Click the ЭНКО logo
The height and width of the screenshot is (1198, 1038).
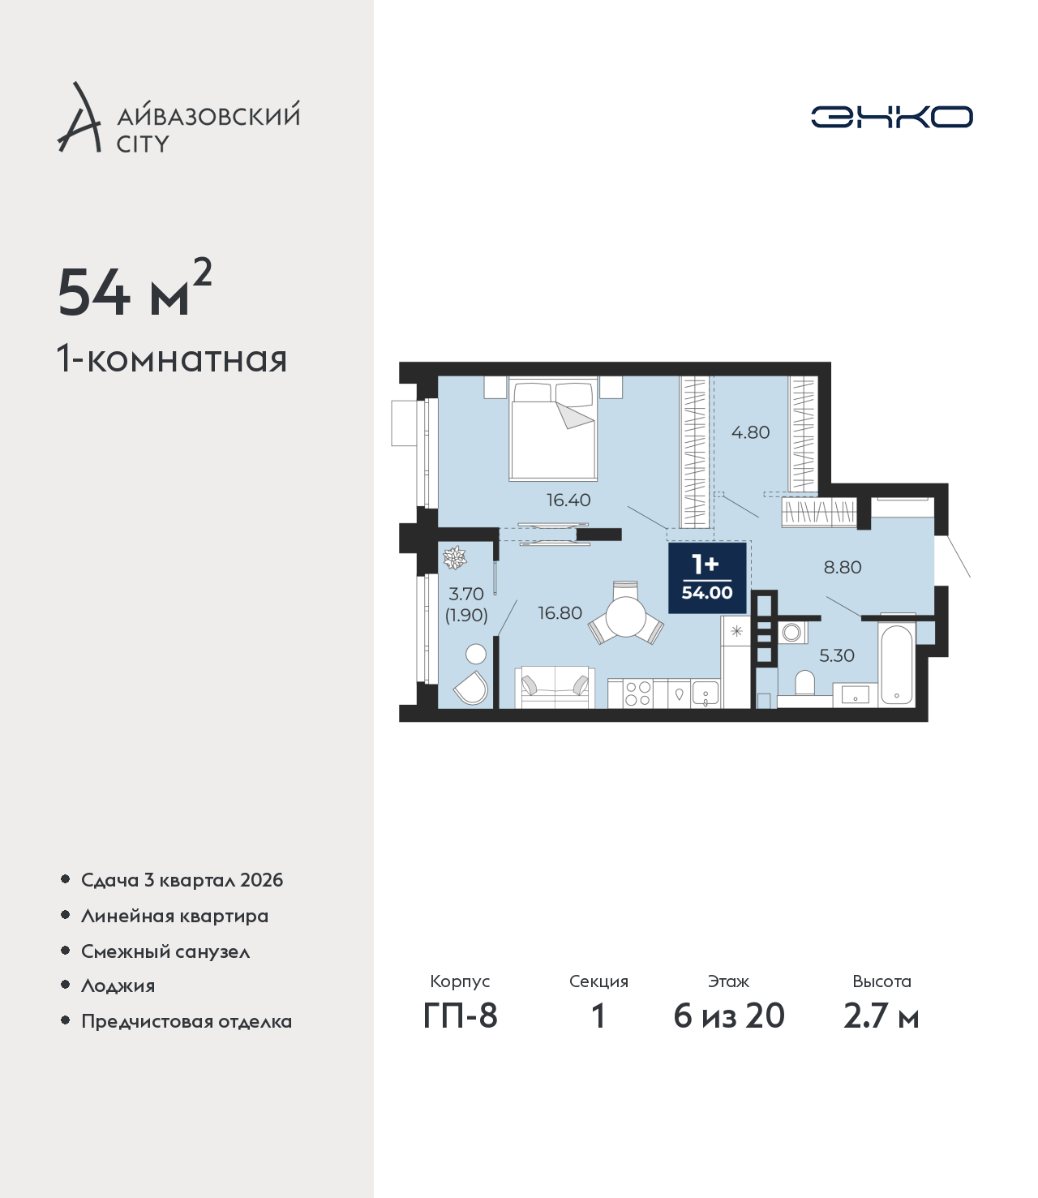tap(891, 117)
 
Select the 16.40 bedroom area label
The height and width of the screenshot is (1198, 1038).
tap(568, 500)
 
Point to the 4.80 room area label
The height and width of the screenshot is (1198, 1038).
tap(750, 433)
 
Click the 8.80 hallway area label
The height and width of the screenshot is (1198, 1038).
tap(843, 568)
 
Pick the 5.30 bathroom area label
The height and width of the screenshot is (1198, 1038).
tap(837, 656)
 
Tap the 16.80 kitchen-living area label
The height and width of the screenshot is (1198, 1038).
tap(560, 614)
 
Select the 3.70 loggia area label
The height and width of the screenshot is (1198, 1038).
tap(466, 595)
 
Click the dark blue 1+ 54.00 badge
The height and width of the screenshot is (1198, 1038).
tap(707, 578)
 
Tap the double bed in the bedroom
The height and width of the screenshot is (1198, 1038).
tap(553, 431)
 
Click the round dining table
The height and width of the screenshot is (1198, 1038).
tap(626, 616)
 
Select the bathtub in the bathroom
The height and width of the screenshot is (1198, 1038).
tap(896, 664)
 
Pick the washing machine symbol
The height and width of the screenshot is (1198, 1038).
tap(792, 632)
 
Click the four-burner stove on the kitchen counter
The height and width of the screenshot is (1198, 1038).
tap(638, 694)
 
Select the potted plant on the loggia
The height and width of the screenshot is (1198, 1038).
tap(455, 557)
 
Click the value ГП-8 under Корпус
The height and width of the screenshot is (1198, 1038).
tap(460, 1016)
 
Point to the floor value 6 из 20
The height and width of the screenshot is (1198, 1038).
tap(729, 1016)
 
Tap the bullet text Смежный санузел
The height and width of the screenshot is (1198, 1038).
tap(165, 951)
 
